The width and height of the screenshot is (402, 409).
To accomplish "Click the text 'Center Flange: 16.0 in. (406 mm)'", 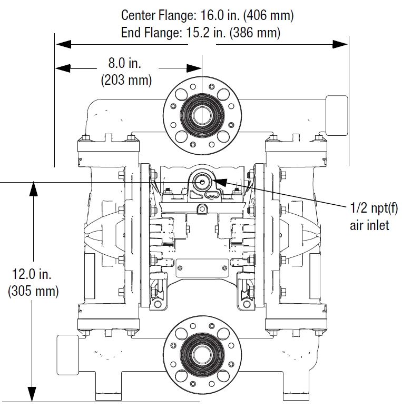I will (207, 15).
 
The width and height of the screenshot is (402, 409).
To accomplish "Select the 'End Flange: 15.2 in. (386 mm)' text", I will (201, 33).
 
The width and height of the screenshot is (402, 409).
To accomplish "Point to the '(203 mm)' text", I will (126, 81).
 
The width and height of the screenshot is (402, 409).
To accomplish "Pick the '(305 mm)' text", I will (33, 291).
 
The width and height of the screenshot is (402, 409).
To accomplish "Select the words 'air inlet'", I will (369, 225).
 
